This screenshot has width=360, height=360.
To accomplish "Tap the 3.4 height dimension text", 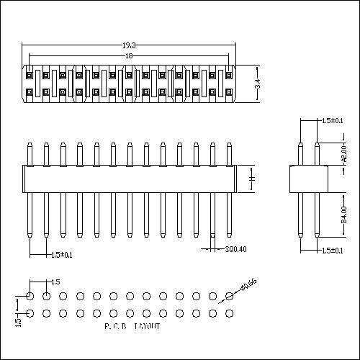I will coord(258,84).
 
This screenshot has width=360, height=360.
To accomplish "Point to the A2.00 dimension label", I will coord(343,152).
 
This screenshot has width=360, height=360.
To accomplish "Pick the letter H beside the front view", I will coord(251,177).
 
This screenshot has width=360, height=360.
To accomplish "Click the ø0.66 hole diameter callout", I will coord(249,286).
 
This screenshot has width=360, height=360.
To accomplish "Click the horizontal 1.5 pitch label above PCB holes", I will coord(55,281).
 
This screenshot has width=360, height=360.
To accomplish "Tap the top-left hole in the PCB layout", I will coord(30,296).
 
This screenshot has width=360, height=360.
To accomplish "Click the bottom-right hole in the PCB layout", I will coord(229,313).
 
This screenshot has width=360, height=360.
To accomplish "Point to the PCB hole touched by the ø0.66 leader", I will coord(229,296).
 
